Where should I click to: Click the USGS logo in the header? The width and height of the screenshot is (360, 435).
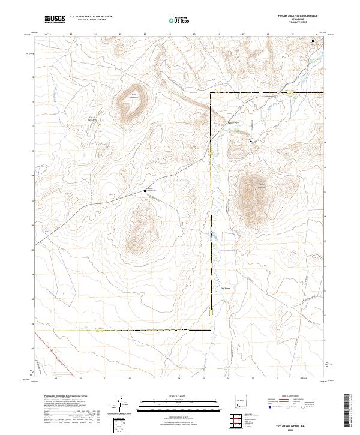[55, 19]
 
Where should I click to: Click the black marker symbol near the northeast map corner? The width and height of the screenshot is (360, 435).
[313, 41]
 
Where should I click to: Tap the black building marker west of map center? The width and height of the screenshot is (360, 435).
[145, 191]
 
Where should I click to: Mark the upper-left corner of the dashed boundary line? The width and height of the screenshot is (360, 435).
[210, 94]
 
